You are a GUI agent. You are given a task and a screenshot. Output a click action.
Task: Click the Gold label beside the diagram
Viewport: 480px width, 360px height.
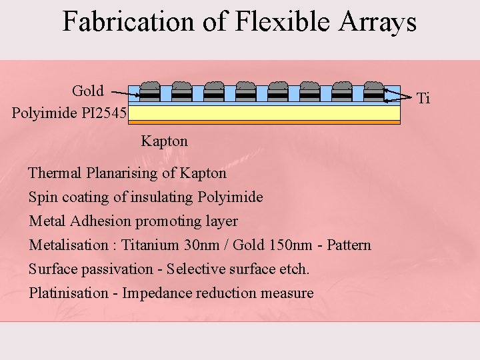[x=88, y=91]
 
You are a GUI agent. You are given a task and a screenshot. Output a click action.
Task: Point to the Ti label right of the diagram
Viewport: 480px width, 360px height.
[x=423, y=99]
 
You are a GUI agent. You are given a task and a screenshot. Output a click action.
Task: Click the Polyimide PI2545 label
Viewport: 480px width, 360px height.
[x=69, y=112]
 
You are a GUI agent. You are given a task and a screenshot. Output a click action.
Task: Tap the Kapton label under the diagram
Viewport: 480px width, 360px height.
[x=164, y=141]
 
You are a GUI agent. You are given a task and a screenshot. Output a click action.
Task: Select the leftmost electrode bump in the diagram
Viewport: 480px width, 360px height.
[x=150, y=87]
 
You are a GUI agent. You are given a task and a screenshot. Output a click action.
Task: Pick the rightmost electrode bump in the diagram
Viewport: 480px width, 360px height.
[x=374, y=87]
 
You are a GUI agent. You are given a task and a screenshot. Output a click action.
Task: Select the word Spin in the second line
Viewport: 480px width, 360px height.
[x=41, y=197]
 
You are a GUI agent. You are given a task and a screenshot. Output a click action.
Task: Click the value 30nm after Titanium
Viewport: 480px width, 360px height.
[x=205, y=245]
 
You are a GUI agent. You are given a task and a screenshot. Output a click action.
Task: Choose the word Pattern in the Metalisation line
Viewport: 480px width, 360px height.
[x=349, y=245]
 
